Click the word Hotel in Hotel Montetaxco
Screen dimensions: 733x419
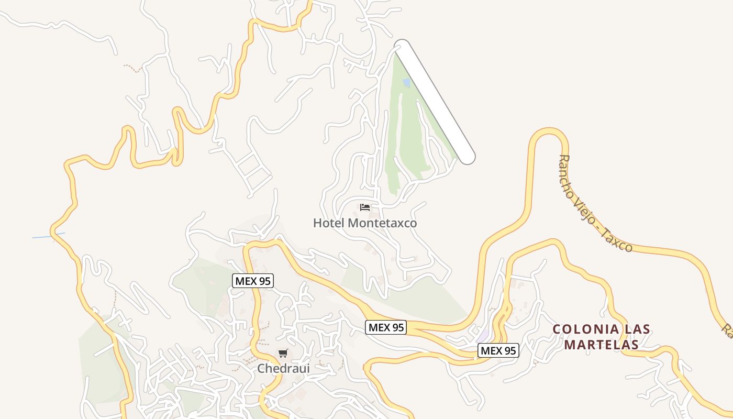[329, 223]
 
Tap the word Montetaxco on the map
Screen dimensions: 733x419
[382, 223]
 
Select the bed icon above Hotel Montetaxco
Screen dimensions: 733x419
[365, 207]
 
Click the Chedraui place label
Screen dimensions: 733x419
[283, 369]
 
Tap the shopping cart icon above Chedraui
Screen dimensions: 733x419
[283, 354]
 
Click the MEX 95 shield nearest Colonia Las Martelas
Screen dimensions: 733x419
[498, 350]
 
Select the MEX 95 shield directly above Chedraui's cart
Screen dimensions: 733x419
[253, 281]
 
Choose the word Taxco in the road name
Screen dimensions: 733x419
[619, 241]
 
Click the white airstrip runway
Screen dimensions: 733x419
[435, 102]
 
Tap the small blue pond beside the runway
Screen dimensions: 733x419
[406, 83]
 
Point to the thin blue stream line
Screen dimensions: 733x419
[48, 236]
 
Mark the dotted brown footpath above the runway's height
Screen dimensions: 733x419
[133, 68]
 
